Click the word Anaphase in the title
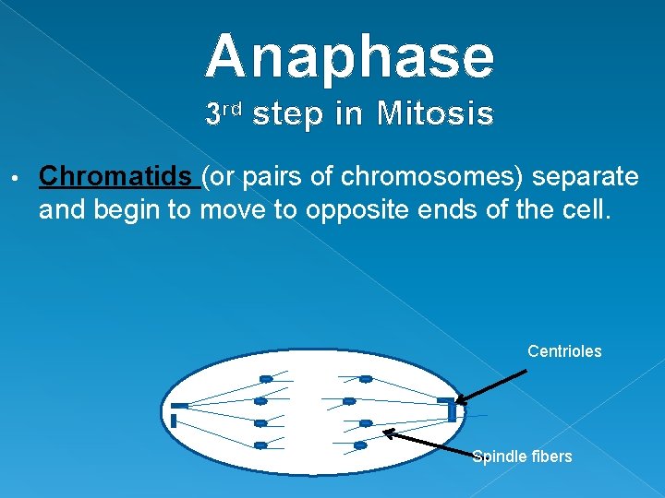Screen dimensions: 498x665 [349, 56]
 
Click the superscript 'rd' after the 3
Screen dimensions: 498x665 [232, 110]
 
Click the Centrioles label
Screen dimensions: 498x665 [564, 351]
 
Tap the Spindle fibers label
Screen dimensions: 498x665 [522, 456]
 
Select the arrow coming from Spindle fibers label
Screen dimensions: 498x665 [429, 442]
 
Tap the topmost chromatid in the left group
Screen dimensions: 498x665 [266, 378]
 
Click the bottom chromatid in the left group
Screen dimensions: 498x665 [260, 445]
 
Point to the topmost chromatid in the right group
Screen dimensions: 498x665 [366, 379]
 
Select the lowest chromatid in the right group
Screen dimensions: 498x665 [360, 445]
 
